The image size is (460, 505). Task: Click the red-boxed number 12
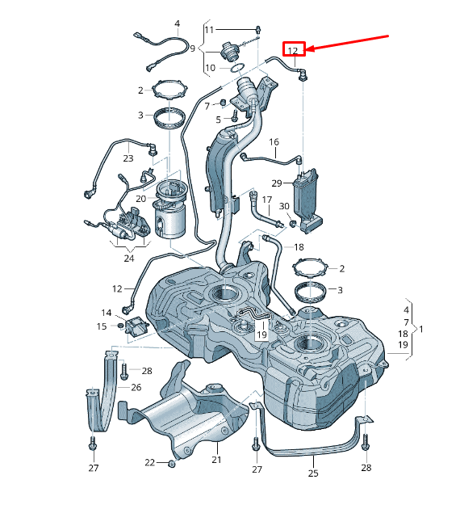click(x=294, y=50)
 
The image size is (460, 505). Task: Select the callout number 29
click(x=277, y=183)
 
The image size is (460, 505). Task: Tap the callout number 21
click(x=216, y=460)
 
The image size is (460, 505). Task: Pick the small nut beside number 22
click(x=171, y=463)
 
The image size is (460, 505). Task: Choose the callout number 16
click(x=274, y=142)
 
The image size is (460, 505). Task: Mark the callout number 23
click(x=128, y=158)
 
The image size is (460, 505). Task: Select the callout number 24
click(x=128, y=259)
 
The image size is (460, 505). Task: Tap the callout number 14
click(x=107, y=312)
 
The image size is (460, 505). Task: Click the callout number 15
click(x=102, y=326)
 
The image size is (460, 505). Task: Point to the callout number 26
click(x=136, y=387)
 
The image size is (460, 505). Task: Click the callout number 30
click(x=284, y=206)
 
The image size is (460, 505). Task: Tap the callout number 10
click(x=210, y=68)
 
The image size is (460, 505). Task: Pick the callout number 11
click(x=209, y=30)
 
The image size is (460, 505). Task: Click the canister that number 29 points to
click(x=308, y=198)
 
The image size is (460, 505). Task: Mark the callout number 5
click(x=217, y=120)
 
